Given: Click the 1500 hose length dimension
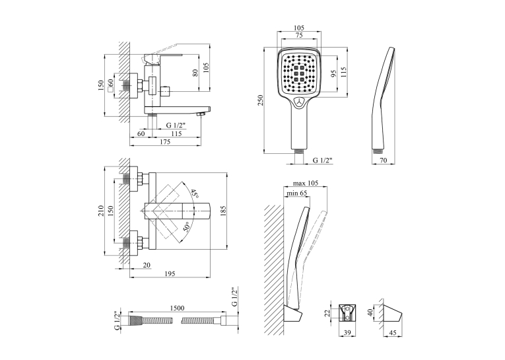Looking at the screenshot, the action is click(x=177, y=308).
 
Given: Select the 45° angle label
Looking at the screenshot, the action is click(x=194, y=194).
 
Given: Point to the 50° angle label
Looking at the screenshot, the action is click(x=186, y=227).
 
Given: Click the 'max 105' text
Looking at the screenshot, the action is click(x=306, y=183).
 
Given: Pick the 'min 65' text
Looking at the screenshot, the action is click(x=297, y=193).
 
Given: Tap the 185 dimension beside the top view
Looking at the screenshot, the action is click(x=224, y=211).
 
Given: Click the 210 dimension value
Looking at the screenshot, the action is click(x=101, y=211).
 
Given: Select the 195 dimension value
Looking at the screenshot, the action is click(x=170, y=273).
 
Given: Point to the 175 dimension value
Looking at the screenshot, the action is click(x=165, y=142).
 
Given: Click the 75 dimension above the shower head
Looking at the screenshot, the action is click(x=299, y=36).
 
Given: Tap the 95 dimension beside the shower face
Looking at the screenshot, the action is click(x=333, y=74).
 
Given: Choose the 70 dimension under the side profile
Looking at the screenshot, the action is click(x=384, y=160).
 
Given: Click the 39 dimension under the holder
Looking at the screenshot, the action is click(x=347, y=333).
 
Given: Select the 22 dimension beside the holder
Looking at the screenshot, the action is click(x=327, y=312).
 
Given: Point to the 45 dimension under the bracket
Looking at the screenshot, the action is click(x=393, y=333).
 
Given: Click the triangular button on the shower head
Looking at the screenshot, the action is click(x=300, y=102).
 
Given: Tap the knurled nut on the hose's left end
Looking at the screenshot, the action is click(x=135, y=320).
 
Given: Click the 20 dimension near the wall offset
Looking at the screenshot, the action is click(x=147, y=266).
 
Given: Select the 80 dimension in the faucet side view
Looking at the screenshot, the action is click(x=195, y=73).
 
